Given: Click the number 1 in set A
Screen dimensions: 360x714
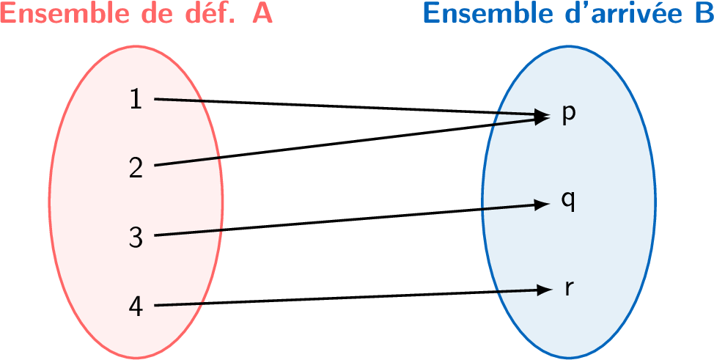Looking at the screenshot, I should tap(135, 99).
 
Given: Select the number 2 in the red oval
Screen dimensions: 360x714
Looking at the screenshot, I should tap(136, 168).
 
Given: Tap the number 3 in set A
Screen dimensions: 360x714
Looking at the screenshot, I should tap(136, 237).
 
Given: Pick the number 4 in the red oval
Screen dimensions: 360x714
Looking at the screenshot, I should tap(136, 306).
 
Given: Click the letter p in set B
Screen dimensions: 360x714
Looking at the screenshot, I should tap(568, 114).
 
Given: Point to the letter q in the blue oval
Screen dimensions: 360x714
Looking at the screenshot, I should tap(568, 201).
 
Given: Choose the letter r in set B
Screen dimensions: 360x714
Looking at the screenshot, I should tap(568, 288).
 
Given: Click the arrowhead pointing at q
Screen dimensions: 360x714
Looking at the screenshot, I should tap(543, 205).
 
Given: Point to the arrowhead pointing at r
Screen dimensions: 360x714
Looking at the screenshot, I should tap(543, 290).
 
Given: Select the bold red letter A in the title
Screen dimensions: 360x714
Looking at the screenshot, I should tap(262, 14).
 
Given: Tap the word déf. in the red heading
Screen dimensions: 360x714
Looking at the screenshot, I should tap(205, 14).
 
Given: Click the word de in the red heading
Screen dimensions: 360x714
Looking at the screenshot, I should tap(144, 14).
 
